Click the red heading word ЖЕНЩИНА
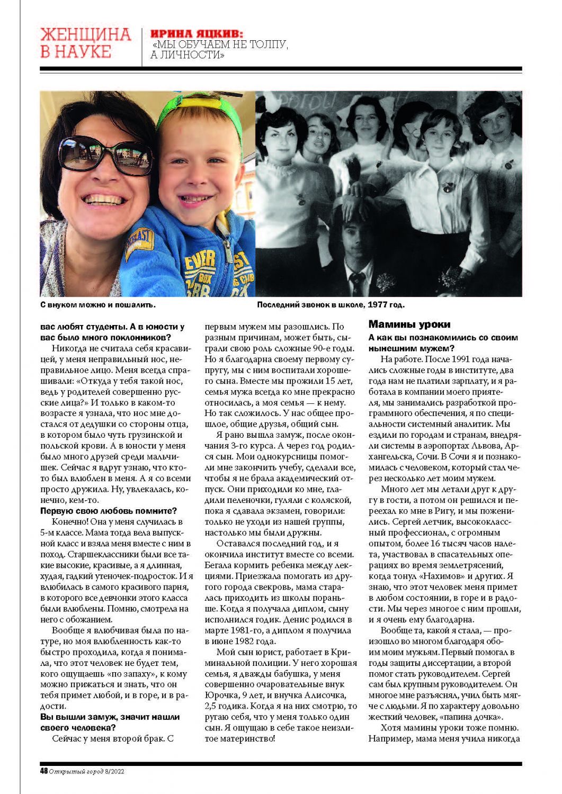click(85, 35)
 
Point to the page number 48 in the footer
click(44, 771)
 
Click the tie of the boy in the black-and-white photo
click(357, 284)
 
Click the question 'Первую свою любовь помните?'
click(109, 511)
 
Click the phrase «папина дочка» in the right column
click(477, 717)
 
